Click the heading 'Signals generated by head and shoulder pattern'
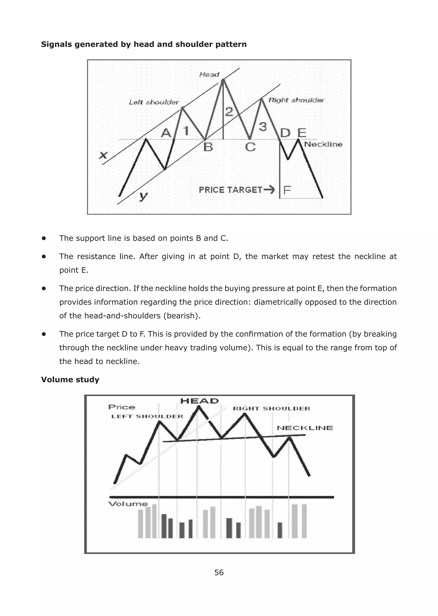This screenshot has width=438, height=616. (x=144, y=44)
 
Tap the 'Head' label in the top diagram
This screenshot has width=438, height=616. (x=209, y=74)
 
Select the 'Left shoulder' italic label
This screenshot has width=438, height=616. (x=154, y=102)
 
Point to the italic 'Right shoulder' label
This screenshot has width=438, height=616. (x=296, y=100)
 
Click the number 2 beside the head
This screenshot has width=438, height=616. (x=229, y=112)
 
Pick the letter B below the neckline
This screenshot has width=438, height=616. (x=208, y=147)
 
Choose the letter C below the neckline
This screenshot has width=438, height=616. (x=250, y=147)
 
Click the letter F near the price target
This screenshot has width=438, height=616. (x=287, y=190)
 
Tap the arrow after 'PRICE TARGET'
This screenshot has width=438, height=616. (x=269, y=190)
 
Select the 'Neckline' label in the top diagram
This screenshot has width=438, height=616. (x=323, y=144)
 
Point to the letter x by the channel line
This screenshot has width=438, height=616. (x=103, y=155)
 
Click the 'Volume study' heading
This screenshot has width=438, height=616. (x=70, y=379)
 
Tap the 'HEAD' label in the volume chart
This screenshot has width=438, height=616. (x=199, y=401)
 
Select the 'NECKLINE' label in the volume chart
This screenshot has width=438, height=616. (x=305, y=428)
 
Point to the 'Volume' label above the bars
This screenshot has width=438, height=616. (x=128, y=504)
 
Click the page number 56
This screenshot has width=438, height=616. (x=219, y=573)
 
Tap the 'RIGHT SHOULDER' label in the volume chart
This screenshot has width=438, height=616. (x=271, y=409)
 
